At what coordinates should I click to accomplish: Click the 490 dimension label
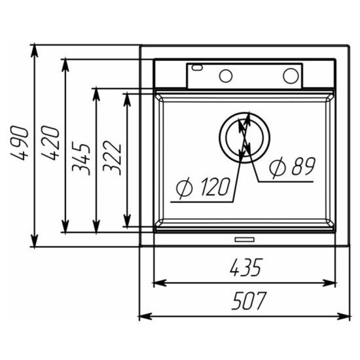point(20,143)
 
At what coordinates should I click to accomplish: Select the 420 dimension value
point(50,143)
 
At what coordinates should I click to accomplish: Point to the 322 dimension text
point(112,157)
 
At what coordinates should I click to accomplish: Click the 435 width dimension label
point(245,267)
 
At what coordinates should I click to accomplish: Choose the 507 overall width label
point(249,300)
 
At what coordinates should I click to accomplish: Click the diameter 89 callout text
point(293,167)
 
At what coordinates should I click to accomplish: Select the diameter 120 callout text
point(203,187)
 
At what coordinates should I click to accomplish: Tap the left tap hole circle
point(226,75)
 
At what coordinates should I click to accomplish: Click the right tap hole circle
point(291,75)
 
